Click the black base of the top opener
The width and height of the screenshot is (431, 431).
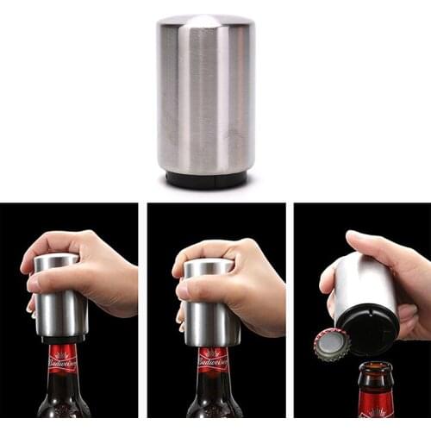tap(206, 180)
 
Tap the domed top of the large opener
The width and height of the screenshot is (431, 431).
tap(205, 21)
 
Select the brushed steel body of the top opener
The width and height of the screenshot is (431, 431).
tap(205, 95)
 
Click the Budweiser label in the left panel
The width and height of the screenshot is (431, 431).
tap(62, 359)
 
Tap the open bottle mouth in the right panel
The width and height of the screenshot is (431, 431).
tap(376, 366)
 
